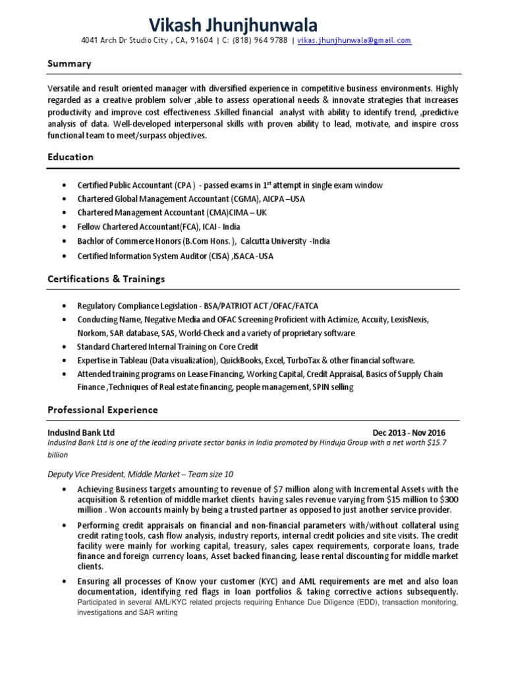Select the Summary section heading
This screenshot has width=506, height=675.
click(x=69, y=64)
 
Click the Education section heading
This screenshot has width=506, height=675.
click(x=70, y=157)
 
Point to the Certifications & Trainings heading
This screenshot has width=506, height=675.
click(x=106, y=279)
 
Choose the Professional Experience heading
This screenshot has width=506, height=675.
click(x=103, y=410)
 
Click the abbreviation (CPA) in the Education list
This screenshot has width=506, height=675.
click(x=187, y=185)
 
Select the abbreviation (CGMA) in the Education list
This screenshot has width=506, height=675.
click(x=231, y=198)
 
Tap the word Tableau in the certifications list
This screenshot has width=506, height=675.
click(x=132, y=361)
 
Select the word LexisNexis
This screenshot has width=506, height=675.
click(x=408, y=320)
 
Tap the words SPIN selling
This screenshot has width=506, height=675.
click(x=332, y=388)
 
